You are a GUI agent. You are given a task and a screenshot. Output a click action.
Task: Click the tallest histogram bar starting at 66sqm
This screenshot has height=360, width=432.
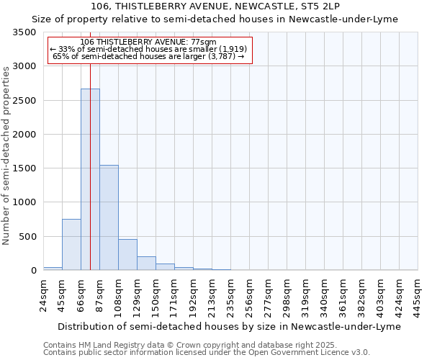click(x=90, y=179)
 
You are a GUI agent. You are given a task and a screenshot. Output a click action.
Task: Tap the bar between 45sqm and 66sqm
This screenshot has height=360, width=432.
click(x=71, y=245)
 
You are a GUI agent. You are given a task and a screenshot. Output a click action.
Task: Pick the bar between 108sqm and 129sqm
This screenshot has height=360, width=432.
click(x=127, y=255)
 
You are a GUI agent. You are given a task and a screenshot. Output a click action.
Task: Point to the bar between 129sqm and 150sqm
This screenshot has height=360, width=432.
click(x=146, y=264)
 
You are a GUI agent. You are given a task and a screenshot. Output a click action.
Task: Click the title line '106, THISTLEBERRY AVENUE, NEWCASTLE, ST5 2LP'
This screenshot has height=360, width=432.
click(x=215, y=6)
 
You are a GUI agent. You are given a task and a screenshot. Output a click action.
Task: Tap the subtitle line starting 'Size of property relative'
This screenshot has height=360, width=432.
click(x=215, y=19)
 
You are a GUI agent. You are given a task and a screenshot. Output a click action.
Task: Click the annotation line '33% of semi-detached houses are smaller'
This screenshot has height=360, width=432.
click(x=148, y=49)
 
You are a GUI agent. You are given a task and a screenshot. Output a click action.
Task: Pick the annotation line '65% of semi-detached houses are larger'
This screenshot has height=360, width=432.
click(x=148, y=56)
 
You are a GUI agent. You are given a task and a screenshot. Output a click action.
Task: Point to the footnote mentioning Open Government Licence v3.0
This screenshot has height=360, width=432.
click(x=206, y=352)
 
